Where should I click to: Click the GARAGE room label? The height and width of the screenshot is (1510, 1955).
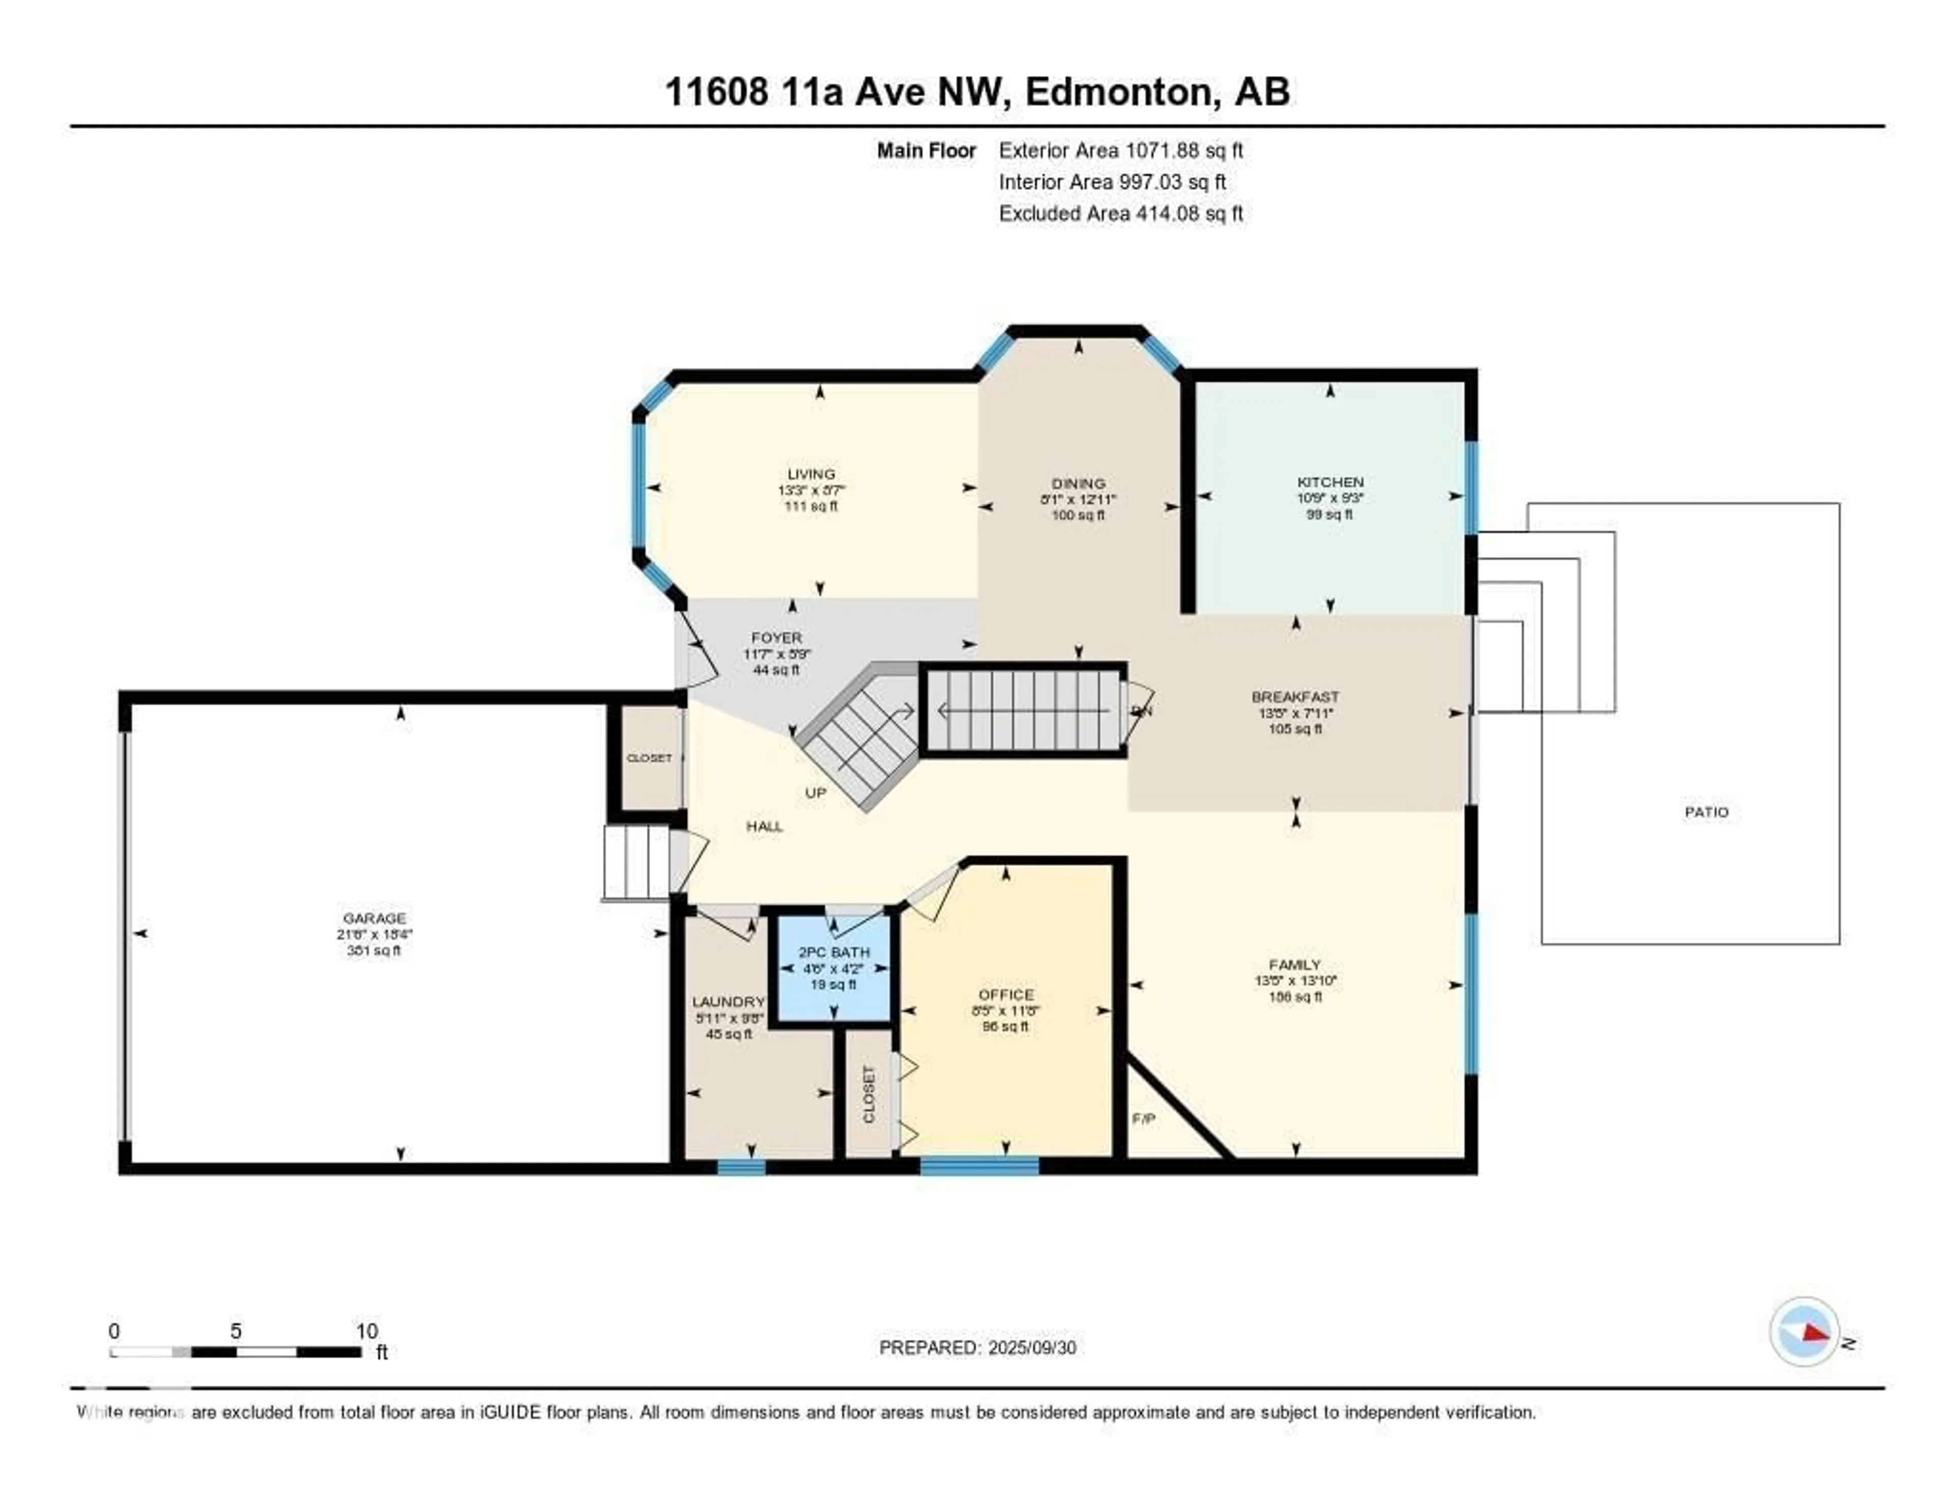(374, 917)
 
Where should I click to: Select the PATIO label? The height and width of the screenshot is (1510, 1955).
(1706, 812)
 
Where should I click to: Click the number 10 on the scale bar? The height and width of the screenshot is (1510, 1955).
(367, 1331)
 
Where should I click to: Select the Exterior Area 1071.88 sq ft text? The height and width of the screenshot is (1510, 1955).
(1121, 150)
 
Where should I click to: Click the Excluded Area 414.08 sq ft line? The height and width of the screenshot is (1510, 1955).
(1121, 213)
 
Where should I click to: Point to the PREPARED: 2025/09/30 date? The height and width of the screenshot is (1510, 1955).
(978, 1347)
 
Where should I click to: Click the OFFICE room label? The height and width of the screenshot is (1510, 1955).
(1006, 994)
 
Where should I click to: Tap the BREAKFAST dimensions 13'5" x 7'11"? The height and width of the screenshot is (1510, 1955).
(1295, 713)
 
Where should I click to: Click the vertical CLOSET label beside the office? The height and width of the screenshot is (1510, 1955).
(868, 1094)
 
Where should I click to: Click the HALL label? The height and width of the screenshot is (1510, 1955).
(765, 826)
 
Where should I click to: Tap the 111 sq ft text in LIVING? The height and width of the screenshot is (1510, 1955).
(811, 506)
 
